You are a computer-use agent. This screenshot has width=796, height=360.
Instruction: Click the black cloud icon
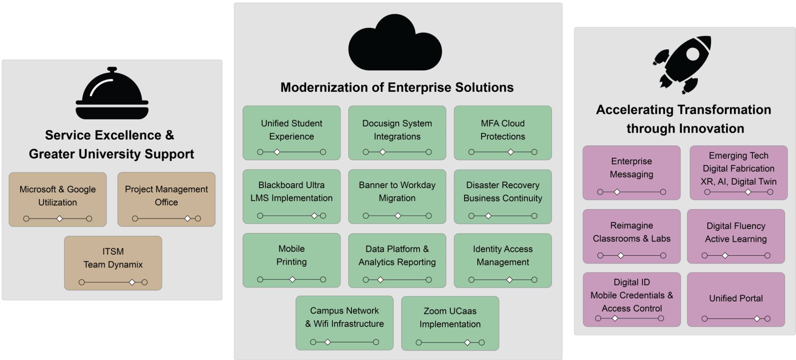pyautogui.click(x=395, y=44)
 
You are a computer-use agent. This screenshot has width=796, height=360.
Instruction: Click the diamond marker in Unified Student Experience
pyautogui.click(x=277, y=152)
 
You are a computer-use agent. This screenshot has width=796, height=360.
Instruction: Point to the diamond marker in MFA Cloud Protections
pyautogui.click(x=511, y=152)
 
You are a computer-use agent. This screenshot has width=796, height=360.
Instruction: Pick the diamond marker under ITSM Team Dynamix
pyautogui.click(x=132, y=282)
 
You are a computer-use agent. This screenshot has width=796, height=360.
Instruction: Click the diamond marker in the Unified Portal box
pyautogui.click(x=757, y=319)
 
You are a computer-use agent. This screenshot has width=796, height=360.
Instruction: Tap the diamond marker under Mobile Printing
pyautogui.click(x=292, y=280)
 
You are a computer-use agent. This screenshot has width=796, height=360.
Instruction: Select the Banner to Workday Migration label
pyautogui.click(x=397, y=191)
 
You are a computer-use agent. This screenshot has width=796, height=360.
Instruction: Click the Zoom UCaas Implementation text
pyautogui.click(x=450, y=317)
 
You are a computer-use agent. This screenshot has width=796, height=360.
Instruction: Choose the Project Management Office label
pyautogui.click(x=166, y=195)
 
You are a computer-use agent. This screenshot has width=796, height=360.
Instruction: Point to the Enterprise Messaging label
pyautogui.click(x=631, y=167)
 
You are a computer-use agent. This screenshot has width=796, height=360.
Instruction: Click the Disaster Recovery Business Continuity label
pyautogui.click(x=503, y=191)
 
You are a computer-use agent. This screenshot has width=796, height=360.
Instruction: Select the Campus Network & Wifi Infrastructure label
pyautogui.click(x=344, y=317)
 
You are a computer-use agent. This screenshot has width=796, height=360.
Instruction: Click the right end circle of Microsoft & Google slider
pyautogui.click(x=89, y=219)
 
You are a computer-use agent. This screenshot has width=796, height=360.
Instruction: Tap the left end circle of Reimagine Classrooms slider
pyautogui.click(x=600, y=256)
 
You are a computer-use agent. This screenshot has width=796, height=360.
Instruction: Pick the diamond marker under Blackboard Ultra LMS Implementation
pyautogui.click(x=314, y=216)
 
